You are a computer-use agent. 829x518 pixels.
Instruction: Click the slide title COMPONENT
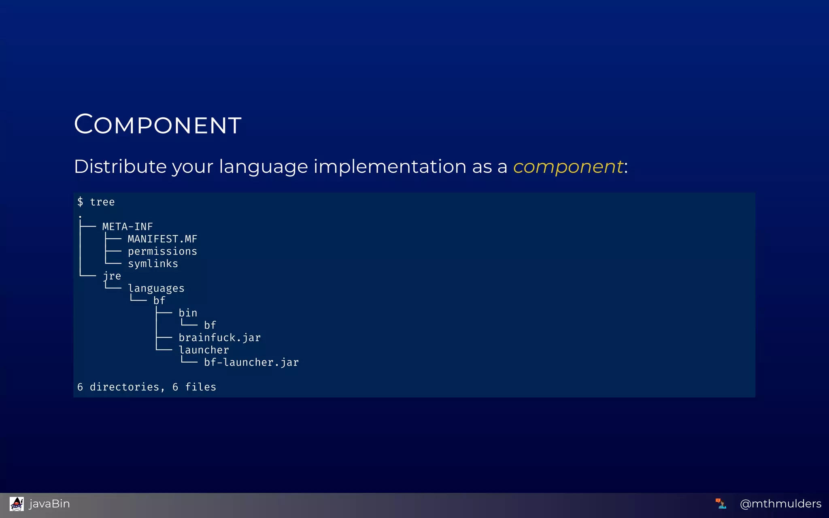point(158,124)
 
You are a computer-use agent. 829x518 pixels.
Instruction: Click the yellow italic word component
point(568,167)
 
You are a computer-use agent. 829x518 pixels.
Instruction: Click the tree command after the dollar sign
point(102,202)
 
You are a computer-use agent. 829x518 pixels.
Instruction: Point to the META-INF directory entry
point(128,227)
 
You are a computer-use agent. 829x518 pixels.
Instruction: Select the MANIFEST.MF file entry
point(162,239)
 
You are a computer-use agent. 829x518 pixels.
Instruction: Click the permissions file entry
point(162,251)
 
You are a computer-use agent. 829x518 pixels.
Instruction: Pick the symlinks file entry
point(153,264)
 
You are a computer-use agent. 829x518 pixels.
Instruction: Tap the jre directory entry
point(112,276)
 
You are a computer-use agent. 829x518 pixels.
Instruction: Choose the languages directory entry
point(156,289)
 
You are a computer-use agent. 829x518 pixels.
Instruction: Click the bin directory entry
point(188,313)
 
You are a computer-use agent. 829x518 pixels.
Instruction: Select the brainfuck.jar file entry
point(219,338)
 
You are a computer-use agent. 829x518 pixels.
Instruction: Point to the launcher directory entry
point(204,350)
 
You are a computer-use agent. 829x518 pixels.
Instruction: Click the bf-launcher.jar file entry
point(251,363)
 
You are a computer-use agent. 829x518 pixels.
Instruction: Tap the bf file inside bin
point(210,325)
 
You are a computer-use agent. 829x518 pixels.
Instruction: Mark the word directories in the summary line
point(124,387)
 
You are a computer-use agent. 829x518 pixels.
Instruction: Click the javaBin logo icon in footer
point(17,504)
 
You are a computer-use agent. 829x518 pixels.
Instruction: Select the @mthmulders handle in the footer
point(780,504)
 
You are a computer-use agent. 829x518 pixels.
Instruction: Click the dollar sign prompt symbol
point(80,202)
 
